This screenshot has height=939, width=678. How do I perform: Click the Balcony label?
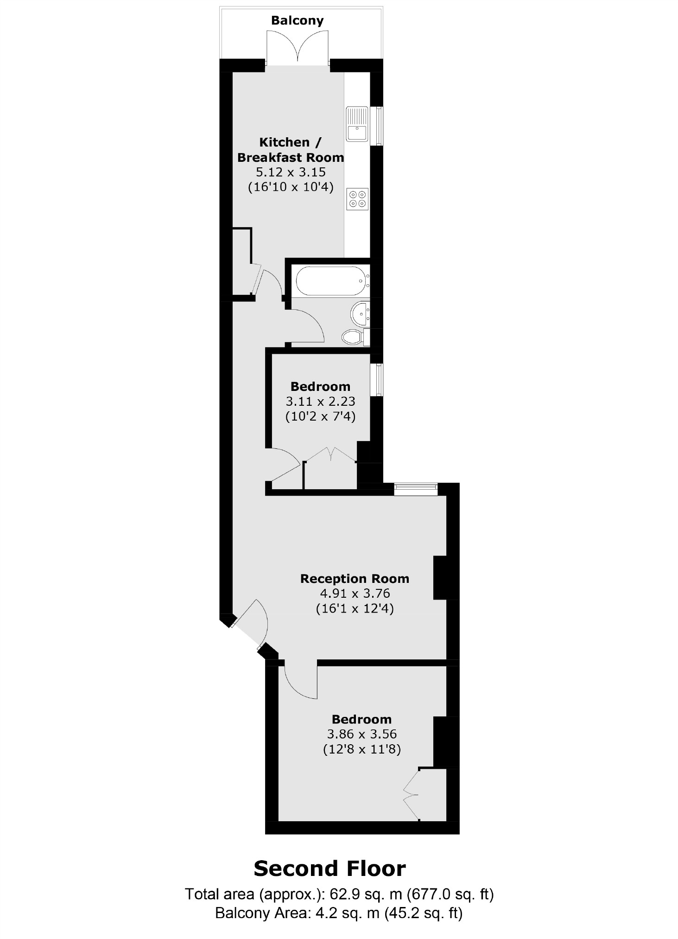[297, 20]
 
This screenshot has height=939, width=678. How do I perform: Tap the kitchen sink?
[357, 124]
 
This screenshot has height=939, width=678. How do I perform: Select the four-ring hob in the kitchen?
[357, 199]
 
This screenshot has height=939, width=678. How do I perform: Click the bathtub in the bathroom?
[332, 281]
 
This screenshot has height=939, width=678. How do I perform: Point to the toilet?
[353, 337]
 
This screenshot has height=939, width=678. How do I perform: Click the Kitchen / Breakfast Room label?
[291, 149]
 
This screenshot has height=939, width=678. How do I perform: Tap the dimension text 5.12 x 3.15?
[291, 172]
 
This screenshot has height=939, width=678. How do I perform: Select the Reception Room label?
[355, 578]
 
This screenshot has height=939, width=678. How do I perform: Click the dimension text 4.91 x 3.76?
[355, 593]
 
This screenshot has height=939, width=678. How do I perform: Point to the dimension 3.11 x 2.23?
[320, 401]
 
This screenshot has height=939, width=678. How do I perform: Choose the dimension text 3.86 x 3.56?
[361, 734]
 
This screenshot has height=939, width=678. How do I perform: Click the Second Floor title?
[329, 869]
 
